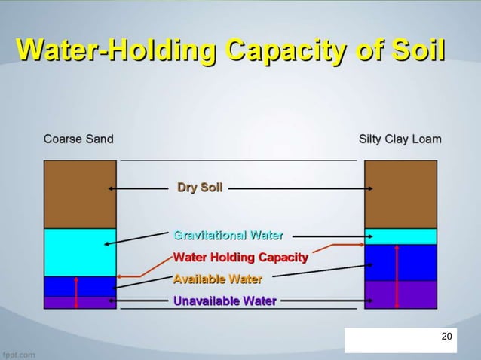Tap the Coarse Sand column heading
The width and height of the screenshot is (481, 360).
pos(78,139)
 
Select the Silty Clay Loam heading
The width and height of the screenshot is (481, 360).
pos(400,139)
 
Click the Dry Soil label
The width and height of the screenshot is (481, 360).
pos(200,187)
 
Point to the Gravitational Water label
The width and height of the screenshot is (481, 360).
pos(228,235)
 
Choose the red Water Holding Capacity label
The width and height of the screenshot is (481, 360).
pos(240,258)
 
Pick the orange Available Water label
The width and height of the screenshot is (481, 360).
pos(218,279)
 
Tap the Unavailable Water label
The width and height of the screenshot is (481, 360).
pos(225,301)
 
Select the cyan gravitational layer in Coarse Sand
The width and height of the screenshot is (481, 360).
pos(80,252)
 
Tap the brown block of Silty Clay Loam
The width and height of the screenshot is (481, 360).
pos(400,194)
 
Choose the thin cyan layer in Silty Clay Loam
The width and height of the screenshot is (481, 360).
pos(411,236)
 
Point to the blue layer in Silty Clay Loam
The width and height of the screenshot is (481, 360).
pos(415,262)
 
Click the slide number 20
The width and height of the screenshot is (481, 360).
pos(446,336)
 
